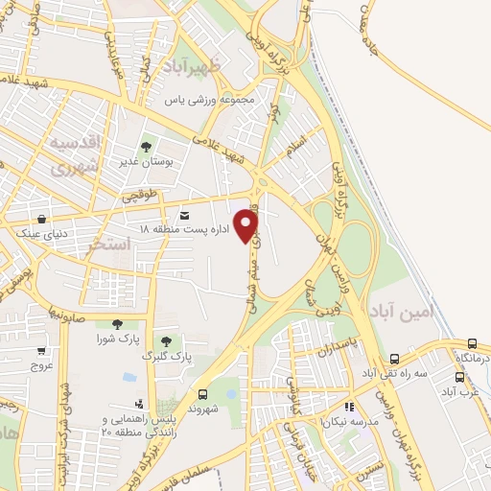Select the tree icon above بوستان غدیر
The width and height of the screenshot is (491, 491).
145,148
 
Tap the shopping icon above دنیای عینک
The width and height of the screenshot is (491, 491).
41,219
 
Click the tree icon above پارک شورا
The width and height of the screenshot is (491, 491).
117,324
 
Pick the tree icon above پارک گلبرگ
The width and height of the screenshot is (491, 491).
167,340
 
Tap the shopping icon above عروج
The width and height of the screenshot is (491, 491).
41,351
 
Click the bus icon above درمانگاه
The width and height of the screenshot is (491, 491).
473,343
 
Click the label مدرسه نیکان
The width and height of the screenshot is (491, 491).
351,422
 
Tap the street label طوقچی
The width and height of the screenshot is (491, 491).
138,196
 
